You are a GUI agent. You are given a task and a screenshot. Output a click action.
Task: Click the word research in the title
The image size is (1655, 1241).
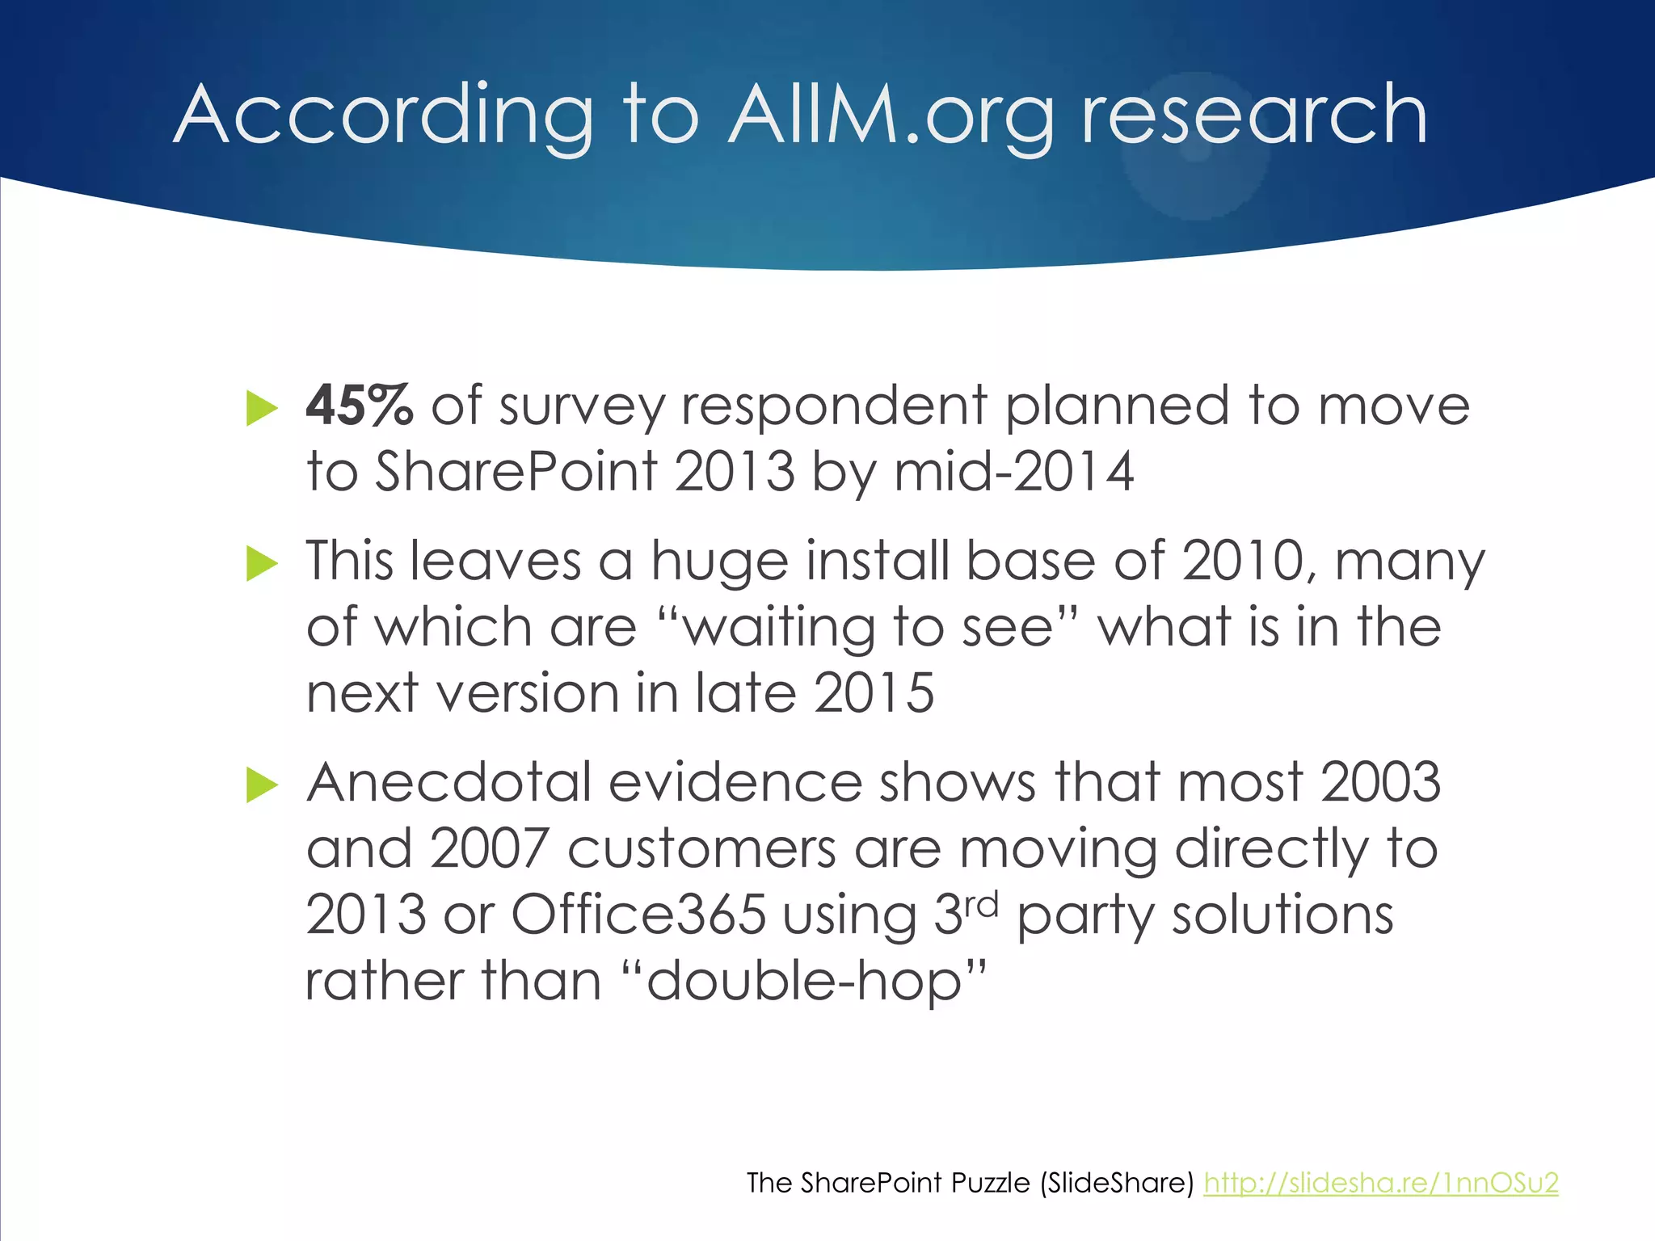[x=1253, y=116]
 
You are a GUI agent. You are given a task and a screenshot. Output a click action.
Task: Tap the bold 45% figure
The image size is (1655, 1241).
[x=360, y=406]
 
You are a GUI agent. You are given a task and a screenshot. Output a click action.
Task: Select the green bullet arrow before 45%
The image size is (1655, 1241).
[x=261, y=408]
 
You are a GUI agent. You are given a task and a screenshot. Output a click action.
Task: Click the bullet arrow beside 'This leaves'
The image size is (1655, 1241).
[x=261, y=563]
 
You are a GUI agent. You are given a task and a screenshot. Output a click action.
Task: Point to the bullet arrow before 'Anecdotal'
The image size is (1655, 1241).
[x=261, y=785]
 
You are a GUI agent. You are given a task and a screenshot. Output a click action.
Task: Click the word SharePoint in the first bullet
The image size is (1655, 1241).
[x=516, y=471]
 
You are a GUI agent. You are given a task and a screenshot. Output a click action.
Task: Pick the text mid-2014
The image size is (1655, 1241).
[x=1013, y=471]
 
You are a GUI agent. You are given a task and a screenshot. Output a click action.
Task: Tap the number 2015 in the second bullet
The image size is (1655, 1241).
[x=874, y=692]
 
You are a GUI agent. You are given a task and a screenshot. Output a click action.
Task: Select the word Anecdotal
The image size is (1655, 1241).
[x=448, y=782]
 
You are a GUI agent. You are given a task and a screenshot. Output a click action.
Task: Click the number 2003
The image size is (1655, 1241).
[x=1380, y=782]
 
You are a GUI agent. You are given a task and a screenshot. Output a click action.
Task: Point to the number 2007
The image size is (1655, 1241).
[x=489, y=848]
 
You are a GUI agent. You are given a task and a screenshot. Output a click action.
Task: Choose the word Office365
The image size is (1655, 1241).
[x=638, y=915]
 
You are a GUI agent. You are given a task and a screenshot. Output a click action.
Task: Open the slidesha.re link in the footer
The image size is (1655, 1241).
[x=1380, y=1183]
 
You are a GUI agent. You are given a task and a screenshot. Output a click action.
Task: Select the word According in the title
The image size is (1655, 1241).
[x=384, y=116]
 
